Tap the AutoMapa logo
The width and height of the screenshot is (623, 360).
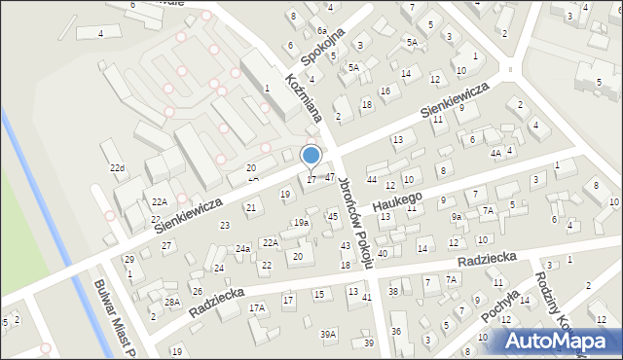click(x=558, y=341)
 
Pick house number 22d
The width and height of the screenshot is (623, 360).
click(x=118, y=168)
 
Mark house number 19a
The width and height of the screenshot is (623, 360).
click(x=302, y=223)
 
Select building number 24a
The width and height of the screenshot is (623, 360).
click(x=242, y=248)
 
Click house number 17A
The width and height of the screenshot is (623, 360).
click(x=257, y=307)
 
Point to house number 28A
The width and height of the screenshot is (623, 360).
click(x=172, y=303)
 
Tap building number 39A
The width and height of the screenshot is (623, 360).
click(x=329, y=334)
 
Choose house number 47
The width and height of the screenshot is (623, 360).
click(x=330, y=177)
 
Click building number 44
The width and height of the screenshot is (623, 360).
click(x=371, y=180)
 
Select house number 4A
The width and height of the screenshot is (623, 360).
click(x=495, y=154)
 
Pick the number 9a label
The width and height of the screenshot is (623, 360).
click(x=456, y=216)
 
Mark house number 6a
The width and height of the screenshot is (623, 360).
click(x=320, y=31)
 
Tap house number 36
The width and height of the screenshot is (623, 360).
click(x=396, y=332)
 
